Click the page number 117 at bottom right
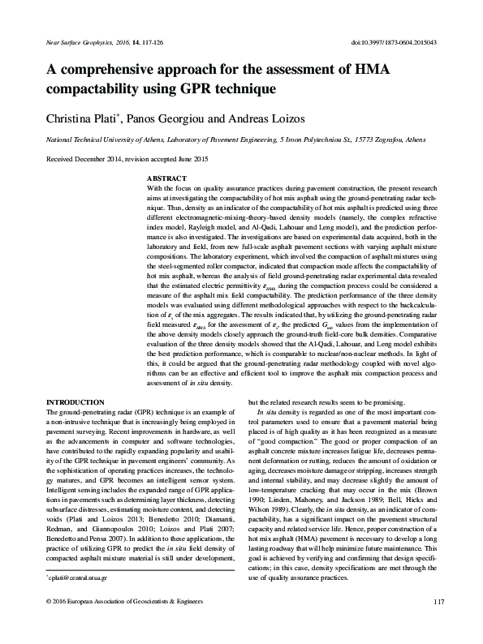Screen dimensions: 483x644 [440, 623]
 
